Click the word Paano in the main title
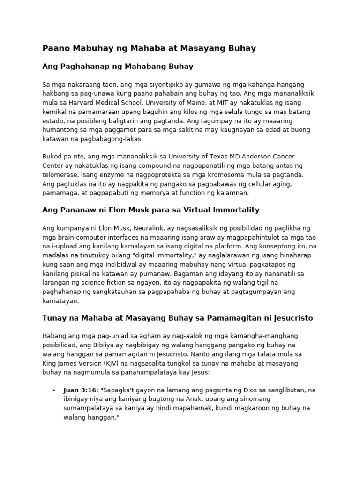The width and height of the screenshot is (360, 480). (x=55, y=48)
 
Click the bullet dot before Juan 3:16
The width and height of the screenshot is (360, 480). (x=54, y=390)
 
